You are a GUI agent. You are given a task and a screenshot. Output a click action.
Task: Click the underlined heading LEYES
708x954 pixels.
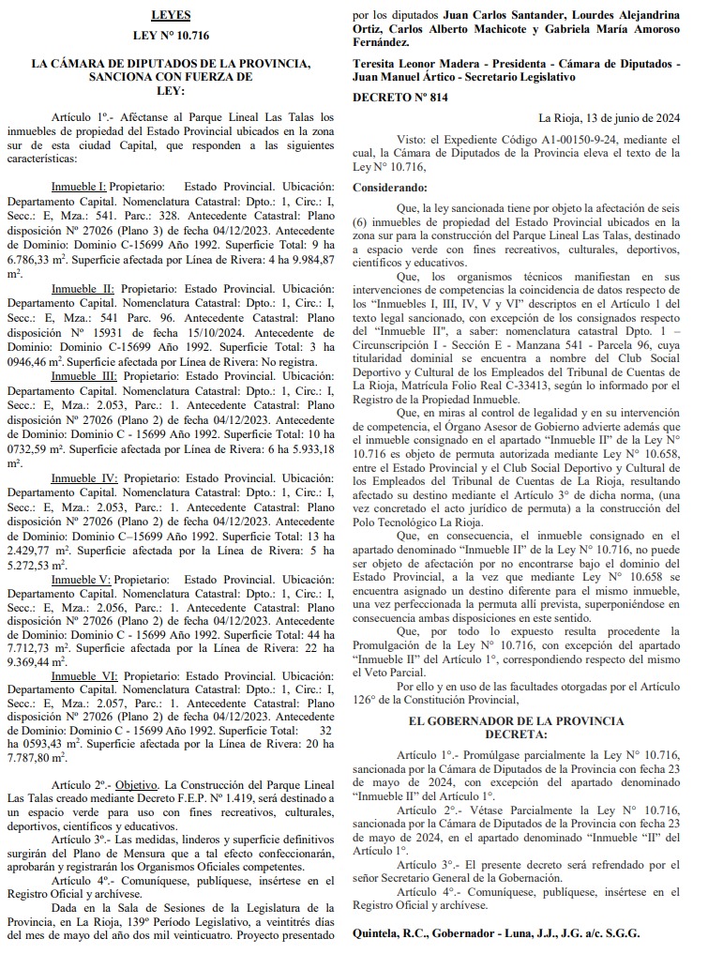[171, 16]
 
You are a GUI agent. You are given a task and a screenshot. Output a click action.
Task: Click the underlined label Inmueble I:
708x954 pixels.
[79, 187]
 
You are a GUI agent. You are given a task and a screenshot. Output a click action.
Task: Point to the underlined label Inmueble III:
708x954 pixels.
[83, 375]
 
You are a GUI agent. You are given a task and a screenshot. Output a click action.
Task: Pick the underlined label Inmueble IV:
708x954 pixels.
[83, 477]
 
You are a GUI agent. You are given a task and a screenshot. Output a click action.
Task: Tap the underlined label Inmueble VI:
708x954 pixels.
[83, 675]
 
